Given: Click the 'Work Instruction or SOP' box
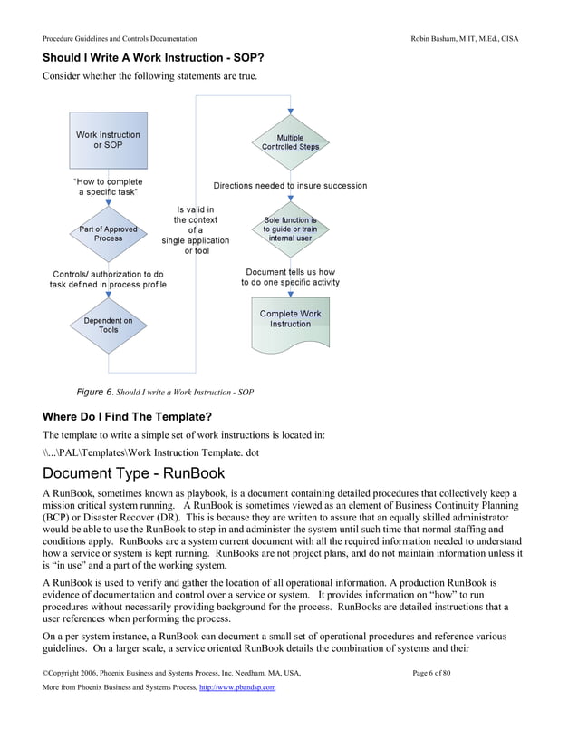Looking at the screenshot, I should coord(108,140).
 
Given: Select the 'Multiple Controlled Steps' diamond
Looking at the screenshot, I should coord(290,142).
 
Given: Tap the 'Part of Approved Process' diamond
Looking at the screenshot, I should coord(108,234).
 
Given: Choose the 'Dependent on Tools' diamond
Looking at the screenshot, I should coord(108,325).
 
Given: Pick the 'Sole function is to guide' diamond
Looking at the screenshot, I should coord(290,229).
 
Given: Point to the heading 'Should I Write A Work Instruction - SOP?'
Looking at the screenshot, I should coord(154,58).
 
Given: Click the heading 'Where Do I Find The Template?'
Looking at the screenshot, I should coord(127,417).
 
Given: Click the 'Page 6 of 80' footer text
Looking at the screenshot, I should coord(443,672).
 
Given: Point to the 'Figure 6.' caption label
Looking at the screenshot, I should coord(95,392).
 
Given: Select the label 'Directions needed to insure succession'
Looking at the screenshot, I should coord(290,186).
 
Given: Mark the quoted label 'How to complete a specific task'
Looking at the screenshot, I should coord(108,187).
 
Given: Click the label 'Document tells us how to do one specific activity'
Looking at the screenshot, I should coord(290,277).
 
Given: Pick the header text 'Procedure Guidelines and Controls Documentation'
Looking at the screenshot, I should coord(120,39).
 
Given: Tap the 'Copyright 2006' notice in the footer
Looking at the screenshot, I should coord(171,672).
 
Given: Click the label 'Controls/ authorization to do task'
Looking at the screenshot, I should coord(108,279).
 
